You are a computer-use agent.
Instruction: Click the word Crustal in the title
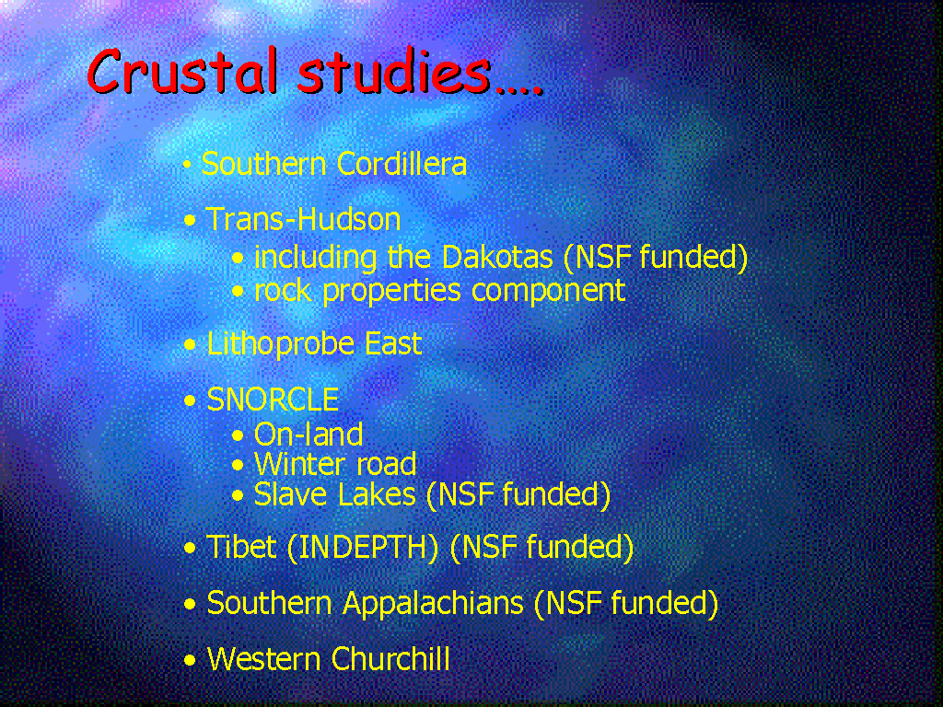[184, 70]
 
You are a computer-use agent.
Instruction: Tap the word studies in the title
[394, 70]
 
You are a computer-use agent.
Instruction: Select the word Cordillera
[402, 164]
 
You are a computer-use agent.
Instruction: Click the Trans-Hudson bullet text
[303, 219]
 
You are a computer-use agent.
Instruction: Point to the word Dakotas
[496, 257]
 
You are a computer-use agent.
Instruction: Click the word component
[549, 292]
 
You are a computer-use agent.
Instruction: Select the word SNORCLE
[273, 400]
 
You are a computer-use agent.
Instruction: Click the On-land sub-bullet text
[309, 435]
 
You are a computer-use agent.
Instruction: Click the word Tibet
[242, 547]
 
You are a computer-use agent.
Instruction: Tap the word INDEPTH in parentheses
[363, 547]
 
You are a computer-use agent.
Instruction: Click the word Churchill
[390, 658]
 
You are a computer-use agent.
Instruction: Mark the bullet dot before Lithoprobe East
[190, 345]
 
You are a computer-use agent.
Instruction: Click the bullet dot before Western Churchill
[190, 660]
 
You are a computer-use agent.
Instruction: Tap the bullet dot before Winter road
[239, 465]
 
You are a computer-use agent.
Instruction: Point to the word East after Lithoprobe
[393, 344]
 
